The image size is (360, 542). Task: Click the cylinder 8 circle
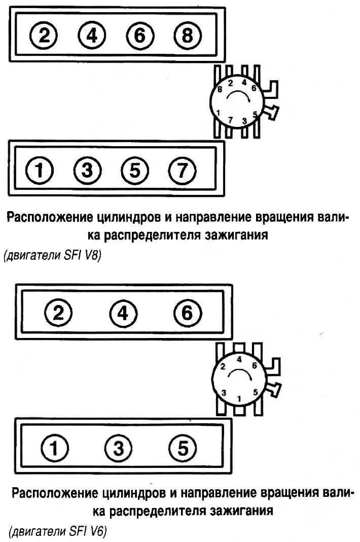point(188,36)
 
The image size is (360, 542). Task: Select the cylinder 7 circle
point(182,172)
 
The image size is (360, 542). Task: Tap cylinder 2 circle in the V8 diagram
point(44,36)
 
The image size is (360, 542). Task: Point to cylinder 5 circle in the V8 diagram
point(134,172)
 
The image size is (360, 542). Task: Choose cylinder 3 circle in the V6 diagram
point(118,448)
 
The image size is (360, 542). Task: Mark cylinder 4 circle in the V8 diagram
point(92,36)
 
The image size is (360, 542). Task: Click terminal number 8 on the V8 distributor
point(220,89)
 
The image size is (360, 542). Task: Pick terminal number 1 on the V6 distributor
point(239,398)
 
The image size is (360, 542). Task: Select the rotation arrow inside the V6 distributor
point(239,375)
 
